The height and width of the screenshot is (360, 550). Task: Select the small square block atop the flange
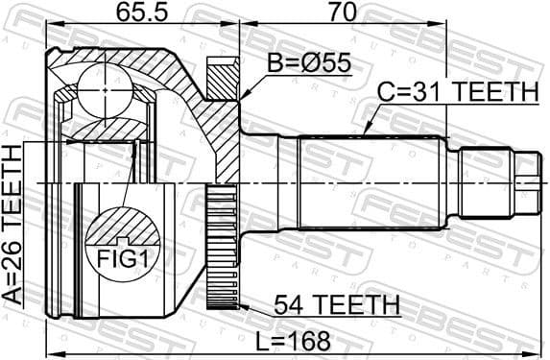pyautogui.click(x=222, y=73)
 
